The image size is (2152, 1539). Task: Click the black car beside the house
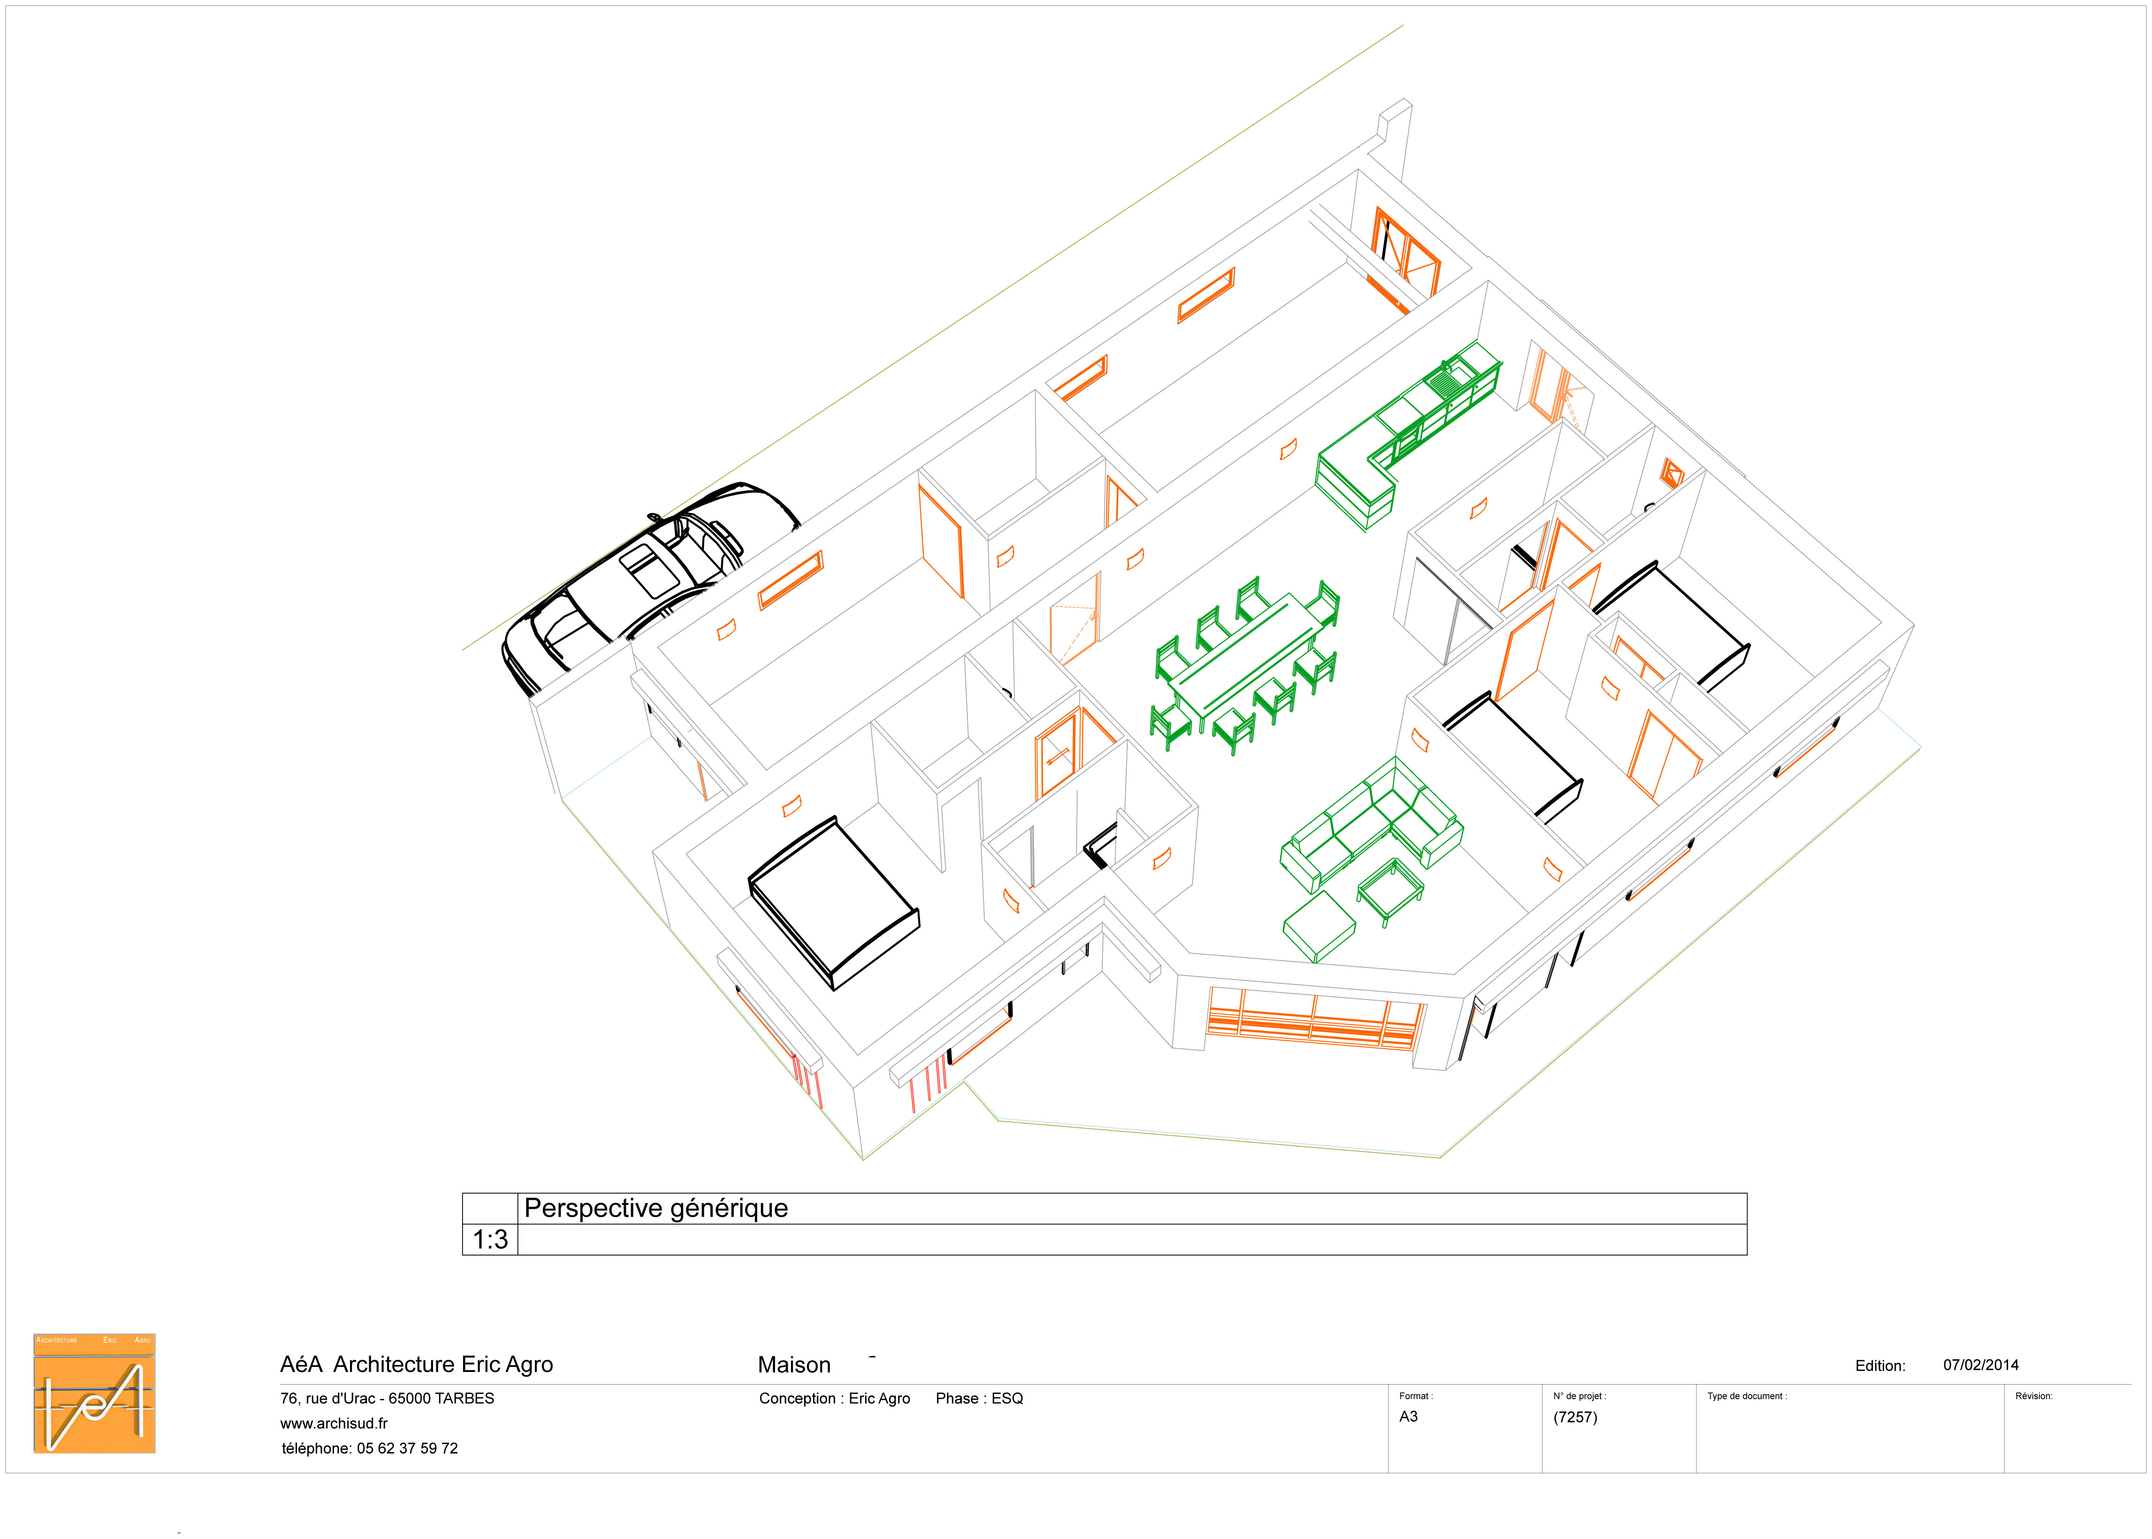[x=649, y=587]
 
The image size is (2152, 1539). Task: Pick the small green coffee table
[x=1390, y=891]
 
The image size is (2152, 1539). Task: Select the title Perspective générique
[x=656, y=1208]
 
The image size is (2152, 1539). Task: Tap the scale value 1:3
[x=490, y=1240]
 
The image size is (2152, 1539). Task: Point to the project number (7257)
[x=1575, y=1417]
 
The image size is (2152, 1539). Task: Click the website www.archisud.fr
[x=334, y=1424]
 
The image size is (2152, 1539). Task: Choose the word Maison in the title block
[x=794, y=1365]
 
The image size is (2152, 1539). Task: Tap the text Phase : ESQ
[x=979, y=1399]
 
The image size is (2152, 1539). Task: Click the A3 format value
[x=1408, y=1417]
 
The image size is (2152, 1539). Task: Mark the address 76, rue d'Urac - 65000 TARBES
[x=387, y=1399]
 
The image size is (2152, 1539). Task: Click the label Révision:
[x=2034, y=1396]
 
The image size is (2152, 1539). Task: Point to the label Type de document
[x=1747, y=1396]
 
